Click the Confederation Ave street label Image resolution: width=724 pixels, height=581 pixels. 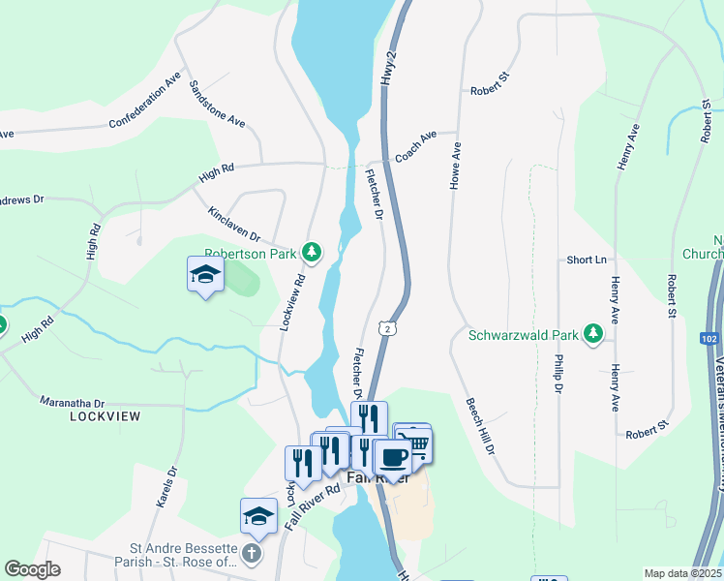pos(145,99)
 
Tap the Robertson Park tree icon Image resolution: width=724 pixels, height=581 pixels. pos(312,254)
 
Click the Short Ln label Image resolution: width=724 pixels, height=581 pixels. pos(588,260)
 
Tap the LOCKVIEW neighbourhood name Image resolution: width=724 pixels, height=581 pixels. pos(105,416)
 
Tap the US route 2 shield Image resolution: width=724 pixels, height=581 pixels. pos(387,329)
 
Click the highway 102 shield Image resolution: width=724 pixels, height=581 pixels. pos(708,338)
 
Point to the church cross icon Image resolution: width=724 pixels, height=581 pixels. pos(251,554)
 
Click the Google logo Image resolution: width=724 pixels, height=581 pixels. pos(32,569)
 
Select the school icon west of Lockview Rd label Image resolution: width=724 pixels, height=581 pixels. pos(205,275)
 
